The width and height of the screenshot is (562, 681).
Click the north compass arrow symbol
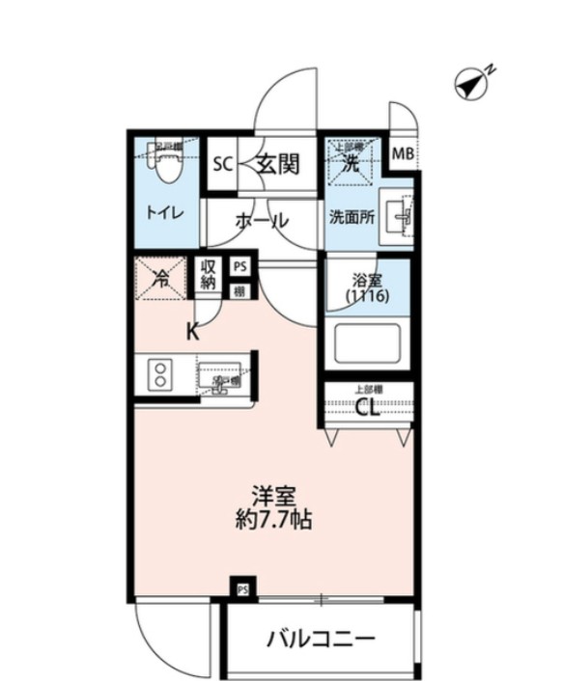click(x=472, y=85)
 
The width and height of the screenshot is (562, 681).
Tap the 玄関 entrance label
click(x=277, y=164)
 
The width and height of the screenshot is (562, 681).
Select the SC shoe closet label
click(x=223, y=164)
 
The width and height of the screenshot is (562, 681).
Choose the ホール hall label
click(x=262, y=220)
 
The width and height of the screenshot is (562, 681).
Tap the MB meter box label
click(x=402, y=152)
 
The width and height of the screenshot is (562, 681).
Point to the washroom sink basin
click(x=398, y=214)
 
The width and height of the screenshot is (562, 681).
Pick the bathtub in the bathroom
click(x=366, y=343)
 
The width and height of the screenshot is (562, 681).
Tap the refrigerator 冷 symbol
click(x=160, y=280)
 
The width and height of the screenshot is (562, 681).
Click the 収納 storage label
click(x=209, y=275)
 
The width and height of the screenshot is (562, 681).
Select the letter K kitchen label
click(x=192, y=333)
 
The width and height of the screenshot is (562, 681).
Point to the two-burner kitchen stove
click(x=159, y=375)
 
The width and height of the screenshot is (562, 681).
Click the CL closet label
click(x=368, y=408)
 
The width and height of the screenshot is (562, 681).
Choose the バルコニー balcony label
click(x=321, y=639)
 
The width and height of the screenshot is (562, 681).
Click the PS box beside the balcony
click(x=242, y=586)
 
